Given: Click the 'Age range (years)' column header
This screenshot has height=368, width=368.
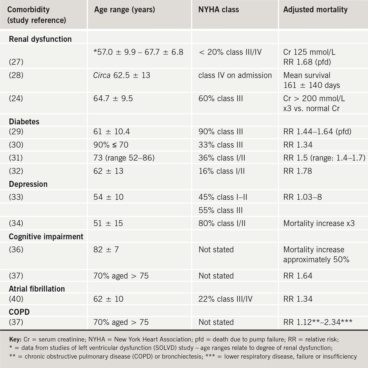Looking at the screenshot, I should tap(124, 10).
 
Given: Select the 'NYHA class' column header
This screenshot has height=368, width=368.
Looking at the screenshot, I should tap(218, 10).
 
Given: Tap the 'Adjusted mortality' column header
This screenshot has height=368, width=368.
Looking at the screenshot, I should tap(315, 10).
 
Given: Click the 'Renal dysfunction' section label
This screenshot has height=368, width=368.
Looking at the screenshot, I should tap(40, 39).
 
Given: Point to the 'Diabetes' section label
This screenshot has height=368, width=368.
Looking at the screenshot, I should tap(24, 122).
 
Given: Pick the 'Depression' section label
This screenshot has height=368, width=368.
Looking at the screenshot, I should tap(28, 184).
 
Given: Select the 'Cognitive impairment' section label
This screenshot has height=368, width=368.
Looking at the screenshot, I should tap(46, 236).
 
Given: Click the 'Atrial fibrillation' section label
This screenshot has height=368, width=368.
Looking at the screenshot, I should tap(37, 289).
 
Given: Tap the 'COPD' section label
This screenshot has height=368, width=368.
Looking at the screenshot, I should tap(19, 312).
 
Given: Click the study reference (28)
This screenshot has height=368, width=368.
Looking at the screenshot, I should tap(16, 75).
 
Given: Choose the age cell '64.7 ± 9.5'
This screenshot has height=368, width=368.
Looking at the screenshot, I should tap(113, 99).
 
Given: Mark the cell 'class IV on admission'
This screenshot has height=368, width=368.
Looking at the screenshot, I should tap(235, 75).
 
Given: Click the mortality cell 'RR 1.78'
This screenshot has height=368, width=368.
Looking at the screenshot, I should tap(297, 171).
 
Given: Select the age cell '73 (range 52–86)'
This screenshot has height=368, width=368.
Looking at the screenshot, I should tap(124, 158).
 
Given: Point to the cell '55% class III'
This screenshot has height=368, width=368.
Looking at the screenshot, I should tap(220, 210).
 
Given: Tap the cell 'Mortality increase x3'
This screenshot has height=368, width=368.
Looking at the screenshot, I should tap(319, 223).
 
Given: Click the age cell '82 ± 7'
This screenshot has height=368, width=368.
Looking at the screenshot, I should tap(106, 249).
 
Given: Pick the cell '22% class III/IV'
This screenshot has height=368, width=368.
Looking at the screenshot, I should tap(225, 299).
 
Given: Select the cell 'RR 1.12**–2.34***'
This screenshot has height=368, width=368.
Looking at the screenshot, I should tap(318, 322).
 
